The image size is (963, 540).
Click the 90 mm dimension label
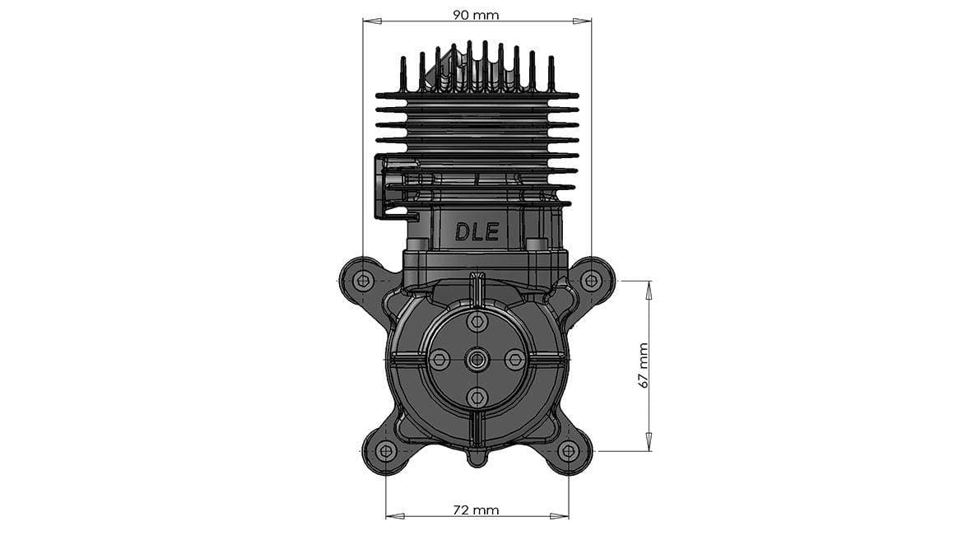[476, 15]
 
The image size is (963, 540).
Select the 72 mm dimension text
[476, 510]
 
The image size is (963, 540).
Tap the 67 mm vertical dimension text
[644, 365]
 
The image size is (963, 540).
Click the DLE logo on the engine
[477, 231]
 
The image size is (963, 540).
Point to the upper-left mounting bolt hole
[363, 281]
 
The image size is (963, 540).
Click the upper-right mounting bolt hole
[590, 281]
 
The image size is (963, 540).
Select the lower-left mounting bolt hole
[385, 451]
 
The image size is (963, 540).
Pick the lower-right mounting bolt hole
[568, 451]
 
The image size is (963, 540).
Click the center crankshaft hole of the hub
[477, 359]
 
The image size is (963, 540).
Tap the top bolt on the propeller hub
[477, 321]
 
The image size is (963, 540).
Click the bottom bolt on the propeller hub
[477, 397]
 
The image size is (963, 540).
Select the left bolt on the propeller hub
[440, 359]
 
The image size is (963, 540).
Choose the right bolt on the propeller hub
[515, 359]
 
